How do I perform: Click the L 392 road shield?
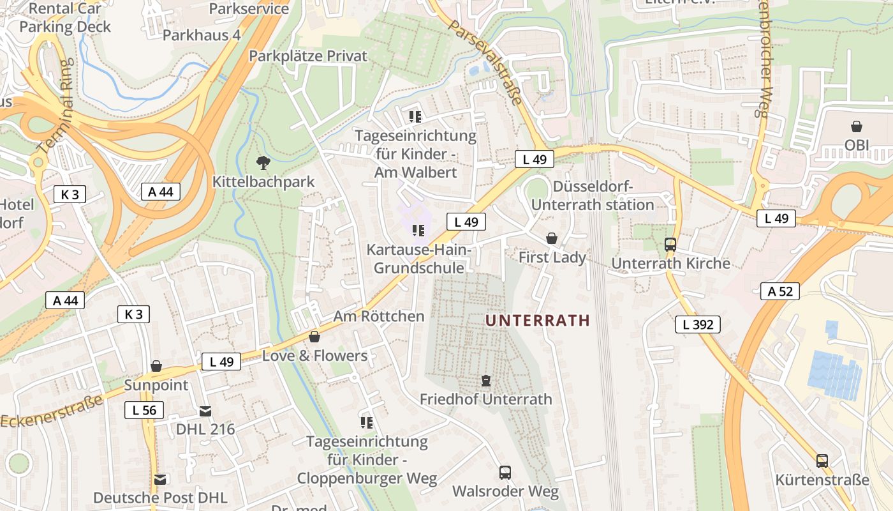(x=698, y=324)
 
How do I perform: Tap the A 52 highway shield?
(x=780, y=291)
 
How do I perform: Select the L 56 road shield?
(x=144, y=410)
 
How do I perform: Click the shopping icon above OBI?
(x=856, y=126)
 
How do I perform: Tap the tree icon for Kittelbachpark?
(x=262, y=163)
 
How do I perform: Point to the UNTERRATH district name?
(x=538, y=321)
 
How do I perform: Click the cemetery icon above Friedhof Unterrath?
(x=486, y=381)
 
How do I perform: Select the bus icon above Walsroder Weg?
(x=505, y=473)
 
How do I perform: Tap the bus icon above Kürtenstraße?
(x=822, y=461)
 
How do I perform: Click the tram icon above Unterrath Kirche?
(x=670, y=244)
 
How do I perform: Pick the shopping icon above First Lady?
(x=552, y=238)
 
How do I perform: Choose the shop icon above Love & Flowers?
(x=314, y=337)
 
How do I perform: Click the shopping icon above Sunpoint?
(x=156, y=366)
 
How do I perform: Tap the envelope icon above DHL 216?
(x=205, y=411)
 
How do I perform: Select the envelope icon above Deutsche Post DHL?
(x=160, y=478)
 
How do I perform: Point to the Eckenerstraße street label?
(x=52, y=412)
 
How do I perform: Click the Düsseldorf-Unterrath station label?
(x=593, y=195)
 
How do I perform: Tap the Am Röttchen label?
(x=379, y=316)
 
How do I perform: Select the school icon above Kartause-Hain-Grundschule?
(x=418, y=230)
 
